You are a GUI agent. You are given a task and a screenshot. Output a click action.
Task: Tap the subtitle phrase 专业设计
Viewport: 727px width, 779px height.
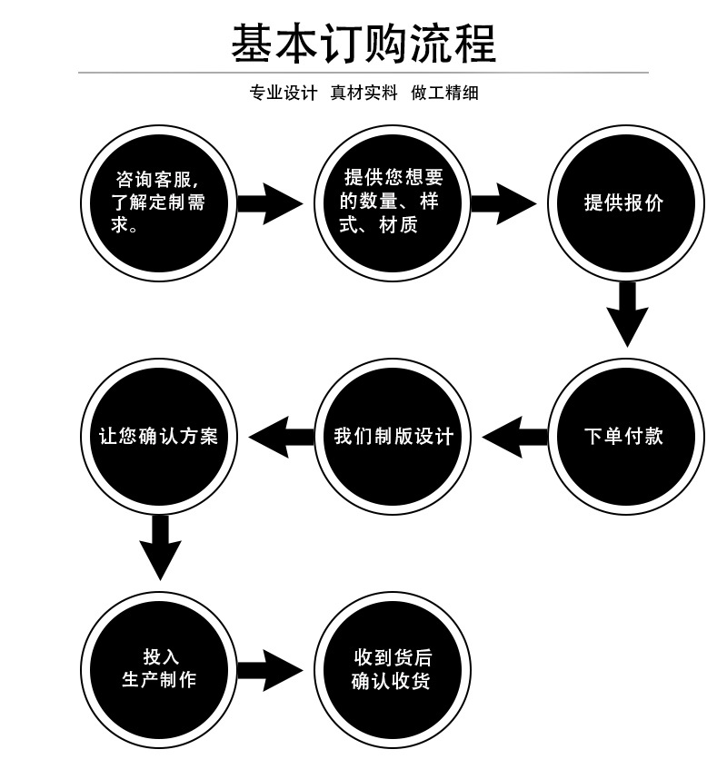(283, 93)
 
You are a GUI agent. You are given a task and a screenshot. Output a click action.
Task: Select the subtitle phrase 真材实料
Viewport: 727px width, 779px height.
(363, 93)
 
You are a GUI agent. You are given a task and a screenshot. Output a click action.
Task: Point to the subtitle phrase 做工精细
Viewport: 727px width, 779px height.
(444, 93)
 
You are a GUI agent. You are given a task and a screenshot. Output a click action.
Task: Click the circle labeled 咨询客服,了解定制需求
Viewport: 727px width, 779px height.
(159, 202)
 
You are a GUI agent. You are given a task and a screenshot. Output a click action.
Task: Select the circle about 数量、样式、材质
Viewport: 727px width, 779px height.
(391, 202)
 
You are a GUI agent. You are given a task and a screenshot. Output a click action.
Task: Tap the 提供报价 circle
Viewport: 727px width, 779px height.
(623, 202)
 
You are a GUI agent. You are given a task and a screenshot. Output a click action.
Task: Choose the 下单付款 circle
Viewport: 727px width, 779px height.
(623, 437)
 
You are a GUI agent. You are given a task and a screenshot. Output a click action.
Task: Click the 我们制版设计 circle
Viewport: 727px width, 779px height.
(392, 437)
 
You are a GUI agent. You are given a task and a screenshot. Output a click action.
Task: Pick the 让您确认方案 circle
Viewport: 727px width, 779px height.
(159, 437)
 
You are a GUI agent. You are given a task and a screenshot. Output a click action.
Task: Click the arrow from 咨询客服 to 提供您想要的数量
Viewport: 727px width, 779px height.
(271, 202)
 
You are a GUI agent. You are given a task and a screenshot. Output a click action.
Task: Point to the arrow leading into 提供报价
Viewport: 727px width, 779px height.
(503, 202)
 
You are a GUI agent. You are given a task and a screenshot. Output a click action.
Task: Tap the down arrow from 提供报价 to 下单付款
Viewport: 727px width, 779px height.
(626, 314)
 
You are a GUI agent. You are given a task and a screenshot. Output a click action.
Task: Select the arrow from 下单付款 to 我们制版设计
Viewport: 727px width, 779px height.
(513, 437)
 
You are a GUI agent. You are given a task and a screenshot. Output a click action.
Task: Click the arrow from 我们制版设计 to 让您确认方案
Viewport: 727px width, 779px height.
(280, 437)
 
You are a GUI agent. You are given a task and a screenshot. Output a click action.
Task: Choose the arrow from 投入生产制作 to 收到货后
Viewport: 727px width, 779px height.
(271, 670)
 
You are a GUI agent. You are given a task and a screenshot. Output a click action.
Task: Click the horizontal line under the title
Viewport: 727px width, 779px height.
(363, 72)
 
